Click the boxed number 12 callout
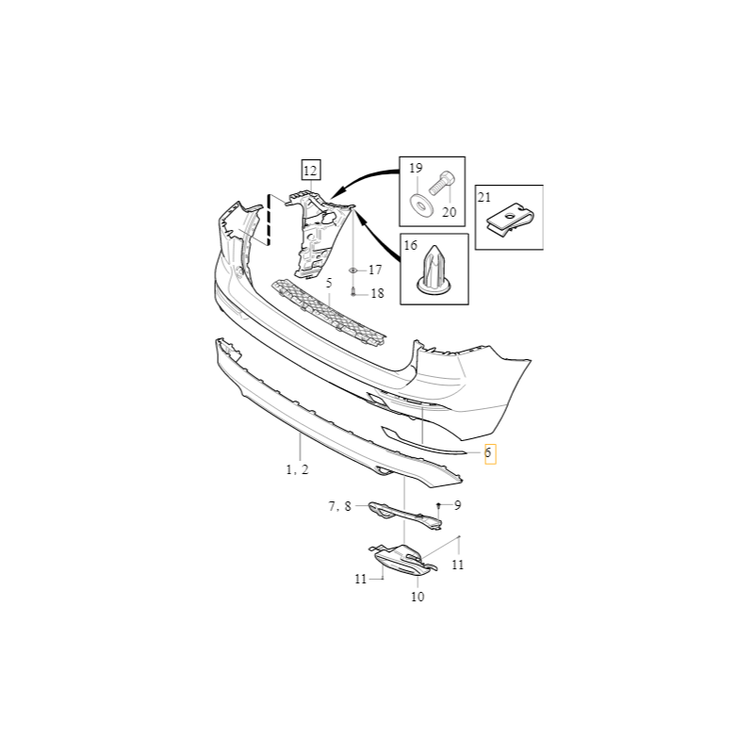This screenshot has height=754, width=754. [311, 171]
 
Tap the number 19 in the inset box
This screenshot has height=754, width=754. [416, 168]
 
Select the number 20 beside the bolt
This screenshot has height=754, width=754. [449, 212]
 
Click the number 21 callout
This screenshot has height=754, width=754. [484, 197]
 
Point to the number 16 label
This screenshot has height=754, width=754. [410, 245]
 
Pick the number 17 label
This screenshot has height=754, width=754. [375, 270]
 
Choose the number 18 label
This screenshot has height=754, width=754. [378, 293]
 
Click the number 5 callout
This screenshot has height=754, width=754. [329, 283]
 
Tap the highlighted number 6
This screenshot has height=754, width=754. [488, 453]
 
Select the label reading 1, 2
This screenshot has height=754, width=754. [297, 469]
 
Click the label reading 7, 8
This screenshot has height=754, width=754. [340, 506]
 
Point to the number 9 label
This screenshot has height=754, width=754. [457, 505]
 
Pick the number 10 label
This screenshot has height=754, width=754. [418, 597]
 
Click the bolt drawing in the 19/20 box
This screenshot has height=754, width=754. [441, 183]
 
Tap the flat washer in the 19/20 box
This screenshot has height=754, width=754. [421, 205]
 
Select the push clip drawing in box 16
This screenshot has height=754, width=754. [434, 270]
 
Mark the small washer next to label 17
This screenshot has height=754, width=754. [352, 270]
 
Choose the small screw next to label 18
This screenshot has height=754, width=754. [353, 292]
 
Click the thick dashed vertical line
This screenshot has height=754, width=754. [269, 220]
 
